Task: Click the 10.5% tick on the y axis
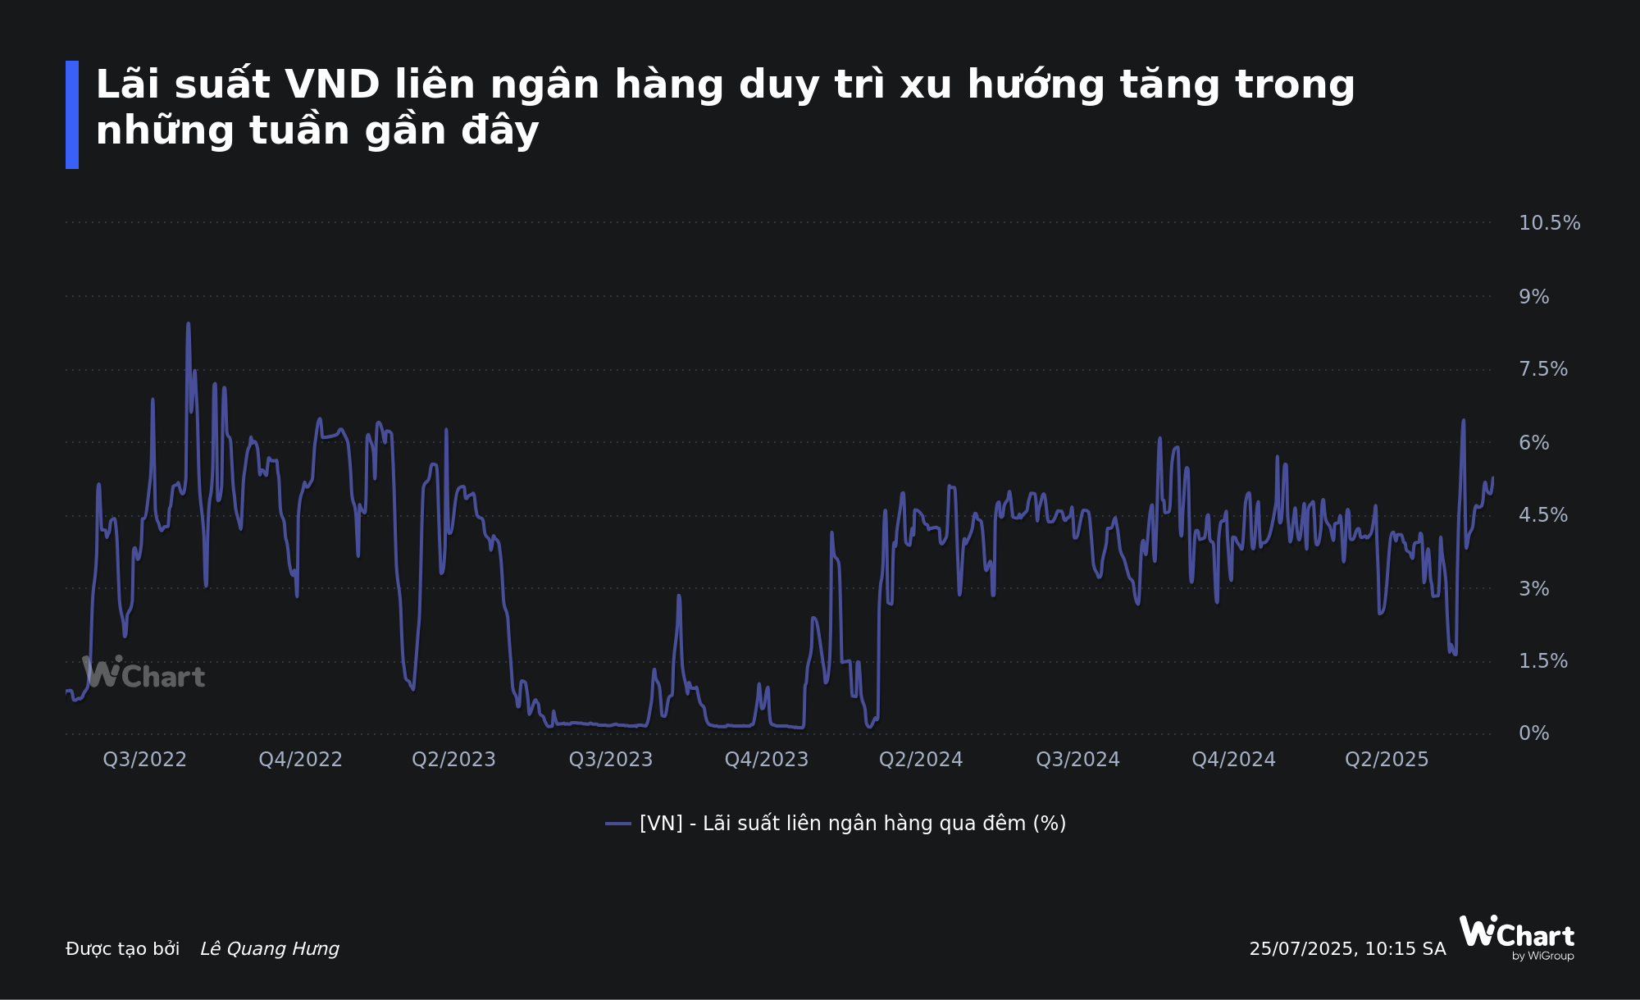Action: point(1549,223)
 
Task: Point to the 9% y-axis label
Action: point(1533,297)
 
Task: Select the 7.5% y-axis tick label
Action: point(1542,369)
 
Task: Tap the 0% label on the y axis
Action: point(1533,733)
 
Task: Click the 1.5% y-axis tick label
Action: point(1542,661)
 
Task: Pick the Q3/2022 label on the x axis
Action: point(144,760)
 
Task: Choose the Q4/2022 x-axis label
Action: point(300,760)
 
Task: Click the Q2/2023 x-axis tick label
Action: point(453,760)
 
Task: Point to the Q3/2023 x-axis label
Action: point(611,760)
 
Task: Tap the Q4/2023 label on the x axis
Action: point(767,760)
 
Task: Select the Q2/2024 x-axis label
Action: point(921,760)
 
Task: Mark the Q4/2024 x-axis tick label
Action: point(1233,760)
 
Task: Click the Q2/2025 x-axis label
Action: point(1387,760)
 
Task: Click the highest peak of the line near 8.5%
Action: point(188,324)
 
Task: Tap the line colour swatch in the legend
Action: point(618,824)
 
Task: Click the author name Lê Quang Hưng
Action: point(270,949)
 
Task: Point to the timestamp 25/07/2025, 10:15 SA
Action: point(1347,949)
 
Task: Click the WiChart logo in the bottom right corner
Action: point(1516,938)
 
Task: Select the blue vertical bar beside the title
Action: point(72,115)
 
